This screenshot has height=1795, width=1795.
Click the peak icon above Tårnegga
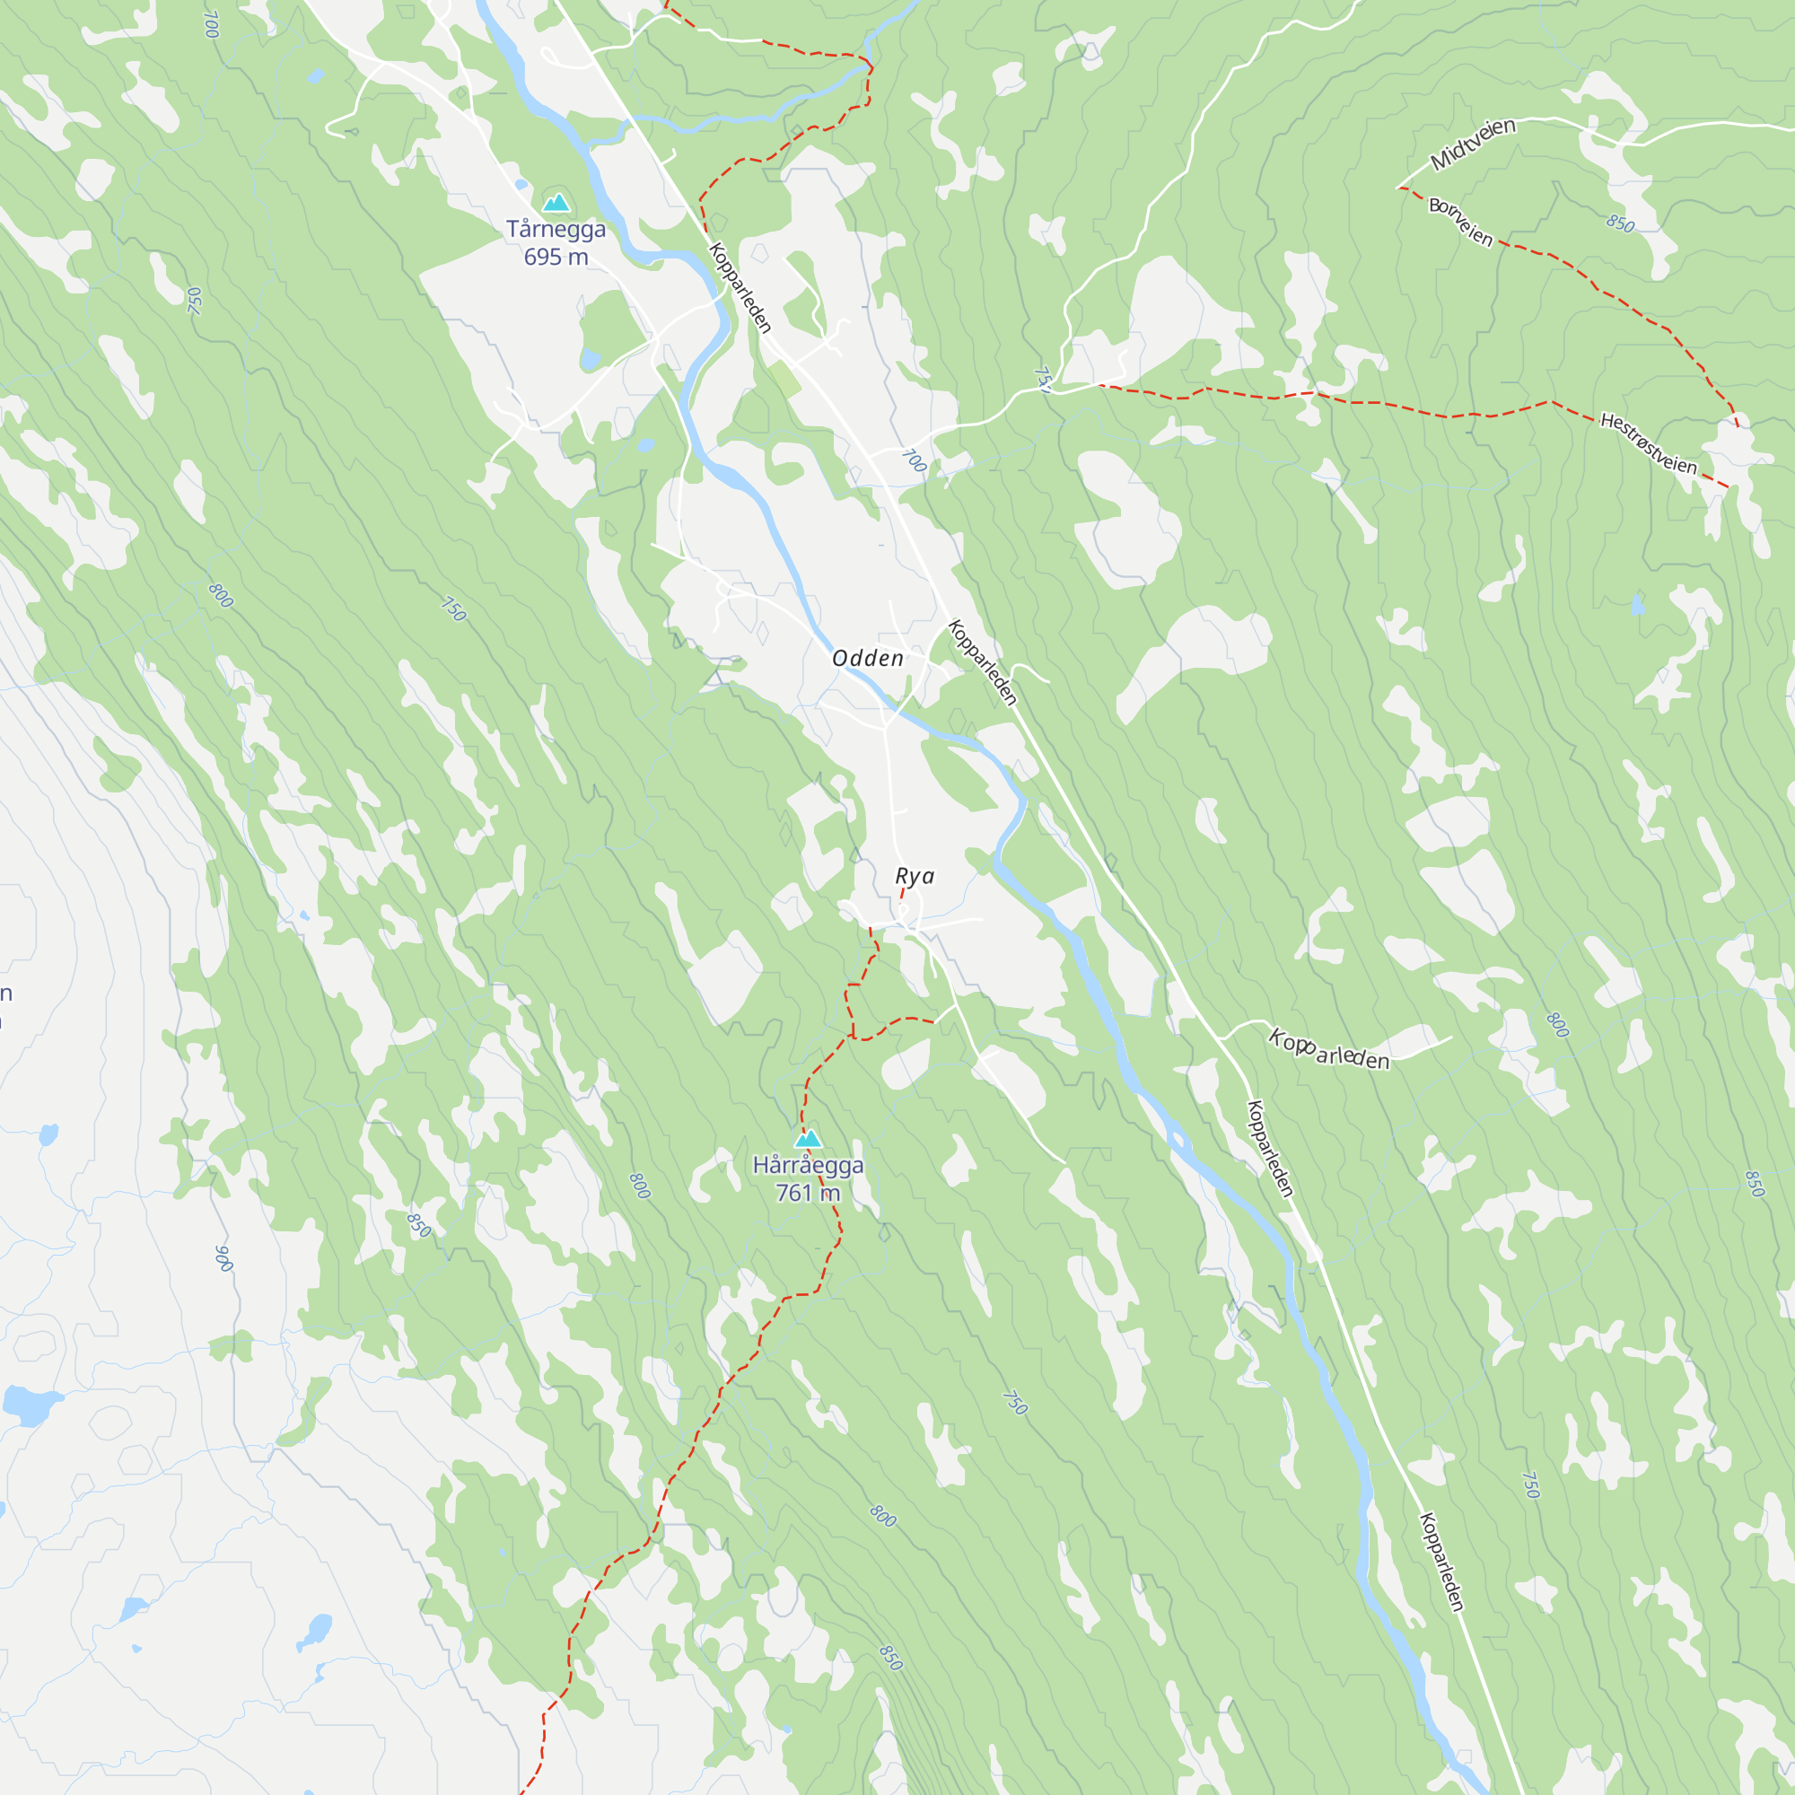pos(556,202)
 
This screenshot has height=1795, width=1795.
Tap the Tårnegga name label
pos(556,230)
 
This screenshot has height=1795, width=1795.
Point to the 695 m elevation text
pos(556,258)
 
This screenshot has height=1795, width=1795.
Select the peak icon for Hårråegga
pos(808,1138)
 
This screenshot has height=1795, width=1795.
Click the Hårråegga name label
pos(808,1165)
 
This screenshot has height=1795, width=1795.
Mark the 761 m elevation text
pos(808,1193)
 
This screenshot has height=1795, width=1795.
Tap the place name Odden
pos(868,659)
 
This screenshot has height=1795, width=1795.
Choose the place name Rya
pos(915,876)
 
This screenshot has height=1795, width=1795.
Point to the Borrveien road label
pos(1460,223)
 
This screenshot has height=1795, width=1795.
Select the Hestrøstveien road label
pos(1648,444)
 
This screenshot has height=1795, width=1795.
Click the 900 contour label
pos(223,1258)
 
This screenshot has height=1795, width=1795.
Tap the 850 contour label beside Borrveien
pos(1619,223)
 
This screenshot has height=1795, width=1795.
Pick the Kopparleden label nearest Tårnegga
pos(740,287)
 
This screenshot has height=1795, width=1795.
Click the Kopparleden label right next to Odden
pos(983,662)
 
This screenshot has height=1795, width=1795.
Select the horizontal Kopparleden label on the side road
pos(1329,1051)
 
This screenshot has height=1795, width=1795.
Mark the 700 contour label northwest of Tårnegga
pos(211,25)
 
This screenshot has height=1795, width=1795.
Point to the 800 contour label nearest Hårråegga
pos(639,1186)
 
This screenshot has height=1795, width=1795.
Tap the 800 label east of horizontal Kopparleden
pos(1558,1025)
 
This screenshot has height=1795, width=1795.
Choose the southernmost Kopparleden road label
pos(1442,1562)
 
